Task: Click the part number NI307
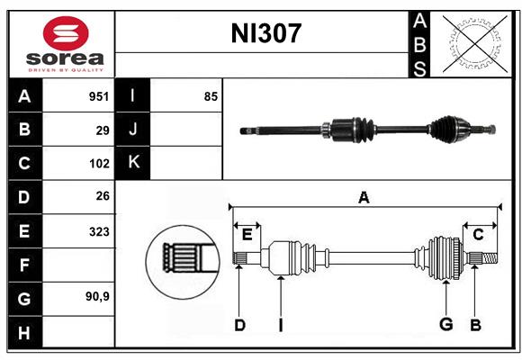pos(266,33)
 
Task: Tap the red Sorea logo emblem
pos(66,33)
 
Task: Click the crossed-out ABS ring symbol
pos(475,43)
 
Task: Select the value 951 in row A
pos(99,96)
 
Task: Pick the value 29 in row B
pos(103,130)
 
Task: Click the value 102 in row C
pos(99,164)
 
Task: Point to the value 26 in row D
pos(103,196)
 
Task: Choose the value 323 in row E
pos(99,231)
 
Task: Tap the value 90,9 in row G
pos(97,296)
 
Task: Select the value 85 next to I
pos(211,96)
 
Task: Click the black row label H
pos(25,332)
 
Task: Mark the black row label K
pos(132,163)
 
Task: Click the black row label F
pos(25,265)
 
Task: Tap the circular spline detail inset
pos(183,262)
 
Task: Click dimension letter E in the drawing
pos(247,235)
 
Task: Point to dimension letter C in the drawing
pos(478,235)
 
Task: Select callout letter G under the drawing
pos(446,324)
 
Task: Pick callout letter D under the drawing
pos(239,325)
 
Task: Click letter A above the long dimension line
pos(364,197)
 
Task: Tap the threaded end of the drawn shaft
pos(490,258)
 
